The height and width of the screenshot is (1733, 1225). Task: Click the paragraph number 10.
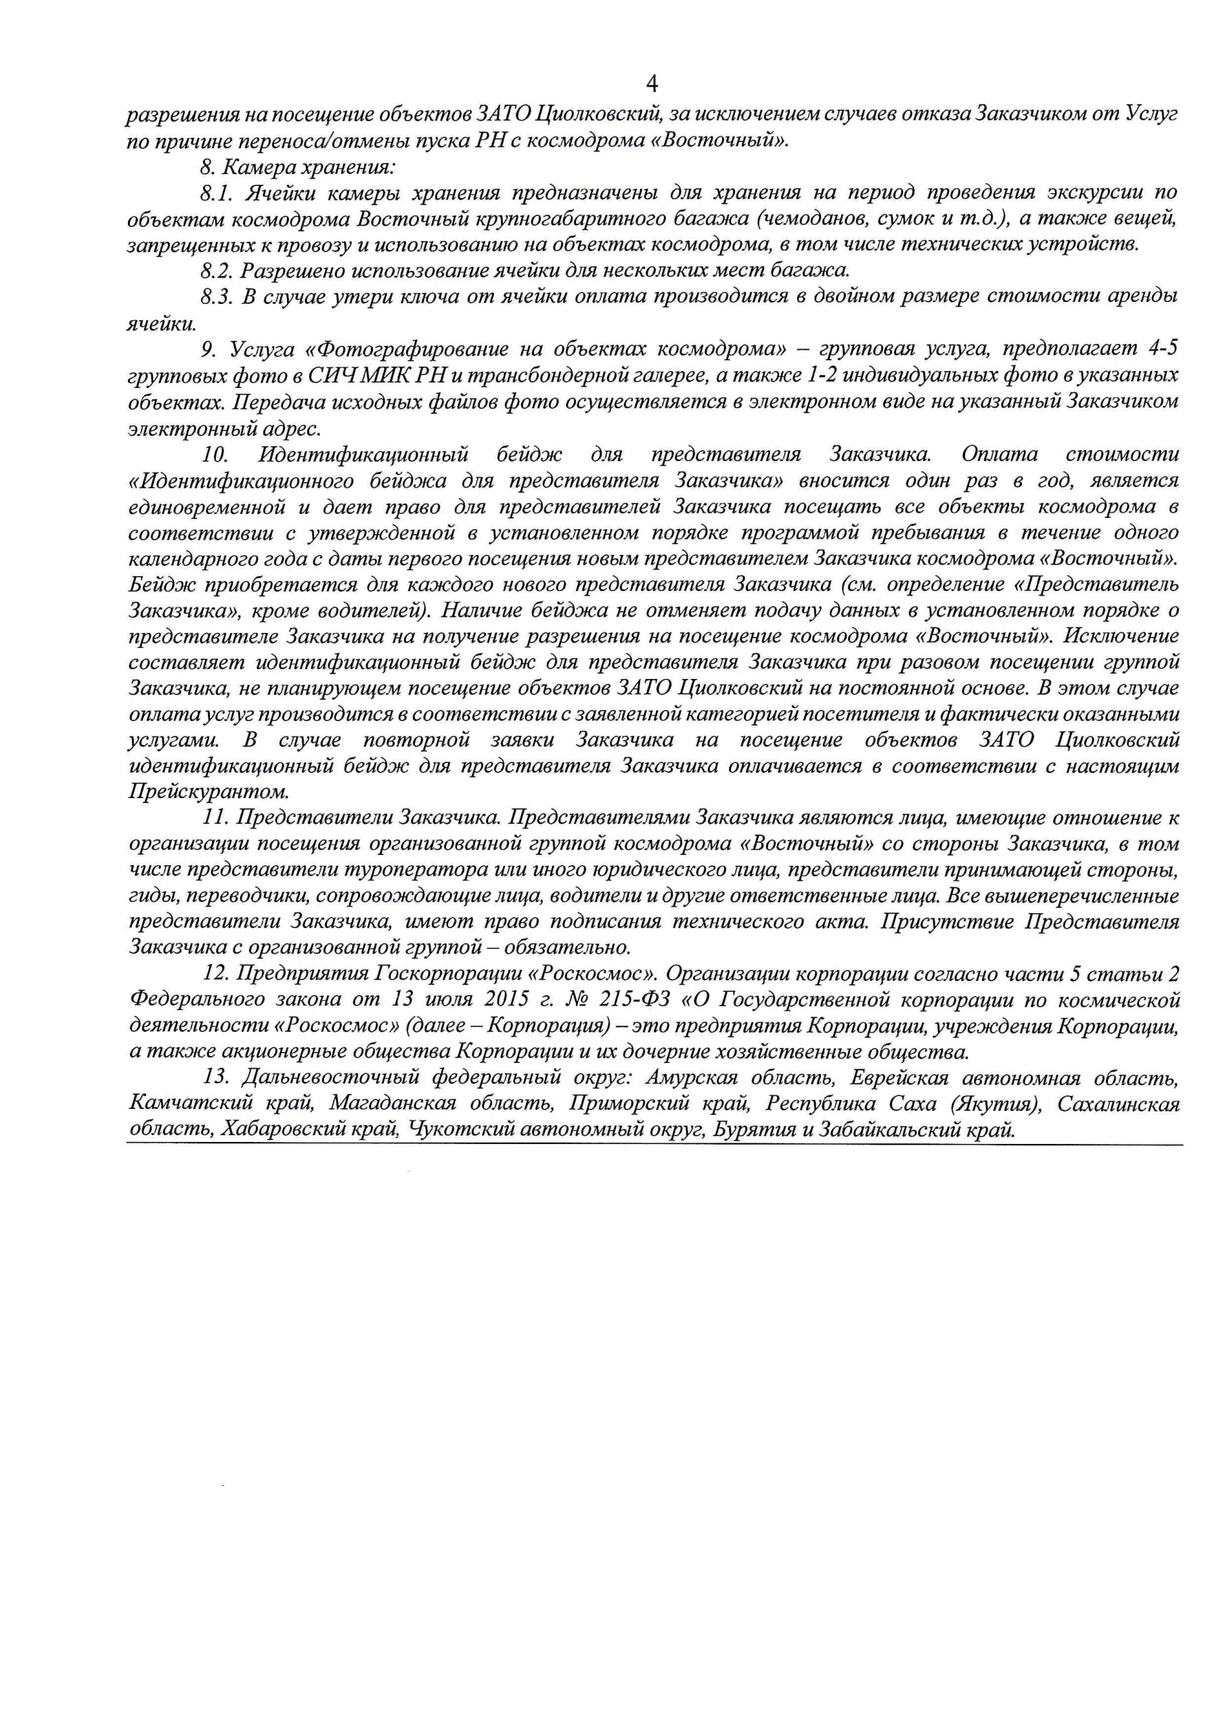[x=218, y=454]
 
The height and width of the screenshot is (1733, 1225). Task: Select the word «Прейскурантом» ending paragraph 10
[x=209, y=793]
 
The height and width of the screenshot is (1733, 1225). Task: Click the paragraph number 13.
[x=219, y=1078]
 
